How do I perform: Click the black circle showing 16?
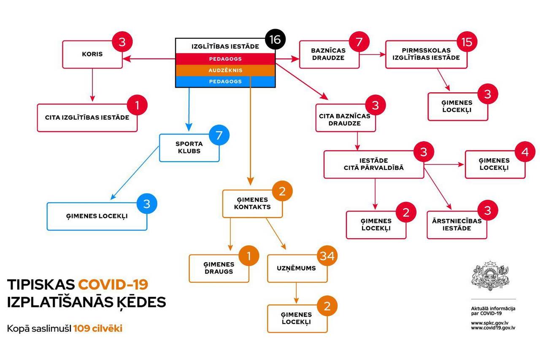click(x=275, y=39)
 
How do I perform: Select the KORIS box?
click(x=92, y=54)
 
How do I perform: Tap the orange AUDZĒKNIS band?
click(x=225, y=70)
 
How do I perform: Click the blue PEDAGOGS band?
click(x=225, y=82)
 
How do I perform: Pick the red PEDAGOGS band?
click(x=225, y=59)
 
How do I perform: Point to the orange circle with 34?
click(x=327, y=256)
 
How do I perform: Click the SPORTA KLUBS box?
click(x=189, y=148)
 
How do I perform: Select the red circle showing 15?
click(x=467, y=42)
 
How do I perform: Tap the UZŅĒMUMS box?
click(x=297, y=269)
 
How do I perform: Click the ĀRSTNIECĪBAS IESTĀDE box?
click(x=457, y=225)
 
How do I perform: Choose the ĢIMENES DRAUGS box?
click(x=219, y=269)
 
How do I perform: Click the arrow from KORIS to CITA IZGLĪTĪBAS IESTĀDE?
click(x=92, y=85)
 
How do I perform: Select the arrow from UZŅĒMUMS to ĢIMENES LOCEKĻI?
click(x=296, y=293)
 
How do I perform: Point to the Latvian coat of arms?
click(x=490, y=276)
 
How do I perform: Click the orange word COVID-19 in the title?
click(x=113, y=285)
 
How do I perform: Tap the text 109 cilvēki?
click(x=98, y=328)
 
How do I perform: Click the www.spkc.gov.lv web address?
click(x=490, y=323)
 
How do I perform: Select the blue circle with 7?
click(x=219, y=135)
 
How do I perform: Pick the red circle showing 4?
click(x=525, y=152)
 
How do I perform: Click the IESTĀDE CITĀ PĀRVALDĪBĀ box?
click(x=374, y=164)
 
